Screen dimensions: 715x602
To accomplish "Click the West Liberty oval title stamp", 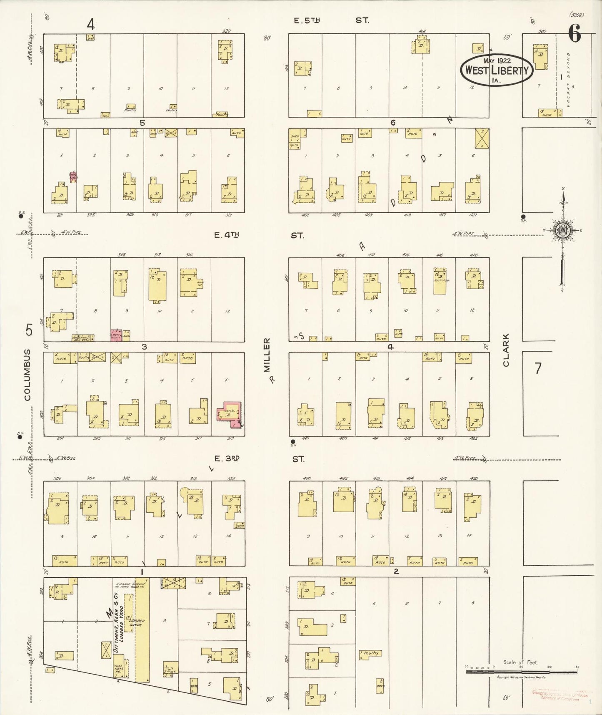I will coord(496,70).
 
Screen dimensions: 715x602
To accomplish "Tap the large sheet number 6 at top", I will coord(574,33).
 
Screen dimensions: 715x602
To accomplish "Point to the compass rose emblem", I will coord(562,230).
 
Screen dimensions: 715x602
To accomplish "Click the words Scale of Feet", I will coord(520,662).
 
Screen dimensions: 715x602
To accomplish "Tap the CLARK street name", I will coord(506,350).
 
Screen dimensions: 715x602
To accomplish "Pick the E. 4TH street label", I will coord(227,235).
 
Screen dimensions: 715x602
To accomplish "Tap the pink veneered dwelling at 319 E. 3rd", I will coord(228,414).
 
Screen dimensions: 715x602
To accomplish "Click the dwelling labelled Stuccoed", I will coord(440,281).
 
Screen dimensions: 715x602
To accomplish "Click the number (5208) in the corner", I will coord(576,15).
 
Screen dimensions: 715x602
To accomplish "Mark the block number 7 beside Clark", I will coord(538,368).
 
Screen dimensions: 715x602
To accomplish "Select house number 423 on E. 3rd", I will coord(473,438).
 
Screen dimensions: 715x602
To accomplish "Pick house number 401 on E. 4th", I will coord(305,215).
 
